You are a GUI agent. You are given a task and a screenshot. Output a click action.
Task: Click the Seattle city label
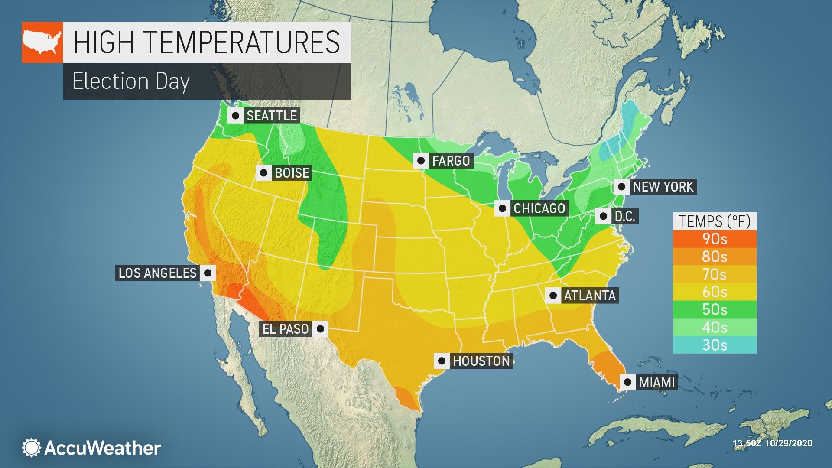coord(272,116)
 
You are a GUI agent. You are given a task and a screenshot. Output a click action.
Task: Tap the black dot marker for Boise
coord(263,173)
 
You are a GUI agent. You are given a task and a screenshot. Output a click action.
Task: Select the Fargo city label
coord(451,161)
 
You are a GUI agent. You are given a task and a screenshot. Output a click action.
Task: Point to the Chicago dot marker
coord(502,208)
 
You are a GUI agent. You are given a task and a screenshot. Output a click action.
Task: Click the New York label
coord(663,187)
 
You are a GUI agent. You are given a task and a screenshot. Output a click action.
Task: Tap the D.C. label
coord(624,216)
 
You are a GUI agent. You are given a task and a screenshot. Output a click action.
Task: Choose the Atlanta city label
coord(589,296)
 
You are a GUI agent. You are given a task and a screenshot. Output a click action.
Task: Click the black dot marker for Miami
coord(627,382)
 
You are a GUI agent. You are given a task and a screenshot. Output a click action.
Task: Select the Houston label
coord(481,361)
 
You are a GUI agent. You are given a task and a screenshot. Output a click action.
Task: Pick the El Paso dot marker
coord(320,329)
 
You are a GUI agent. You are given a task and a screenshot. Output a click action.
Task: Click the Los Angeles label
coord(157,273)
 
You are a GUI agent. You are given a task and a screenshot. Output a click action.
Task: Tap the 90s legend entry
coord(714,239)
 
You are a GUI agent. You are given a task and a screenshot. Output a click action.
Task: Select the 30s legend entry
coord(714,345)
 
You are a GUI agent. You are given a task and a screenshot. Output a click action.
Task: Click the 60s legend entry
coord(714,292)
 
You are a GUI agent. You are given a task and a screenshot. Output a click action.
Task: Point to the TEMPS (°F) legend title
coord(714,221)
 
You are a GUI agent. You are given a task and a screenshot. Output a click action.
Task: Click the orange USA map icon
coord(42,42)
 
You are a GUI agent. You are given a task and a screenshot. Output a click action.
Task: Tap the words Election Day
coord(131,81)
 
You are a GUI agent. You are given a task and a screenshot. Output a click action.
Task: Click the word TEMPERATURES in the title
coord(242,42)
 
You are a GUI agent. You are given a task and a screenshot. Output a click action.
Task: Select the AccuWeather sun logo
coord(31,448)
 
